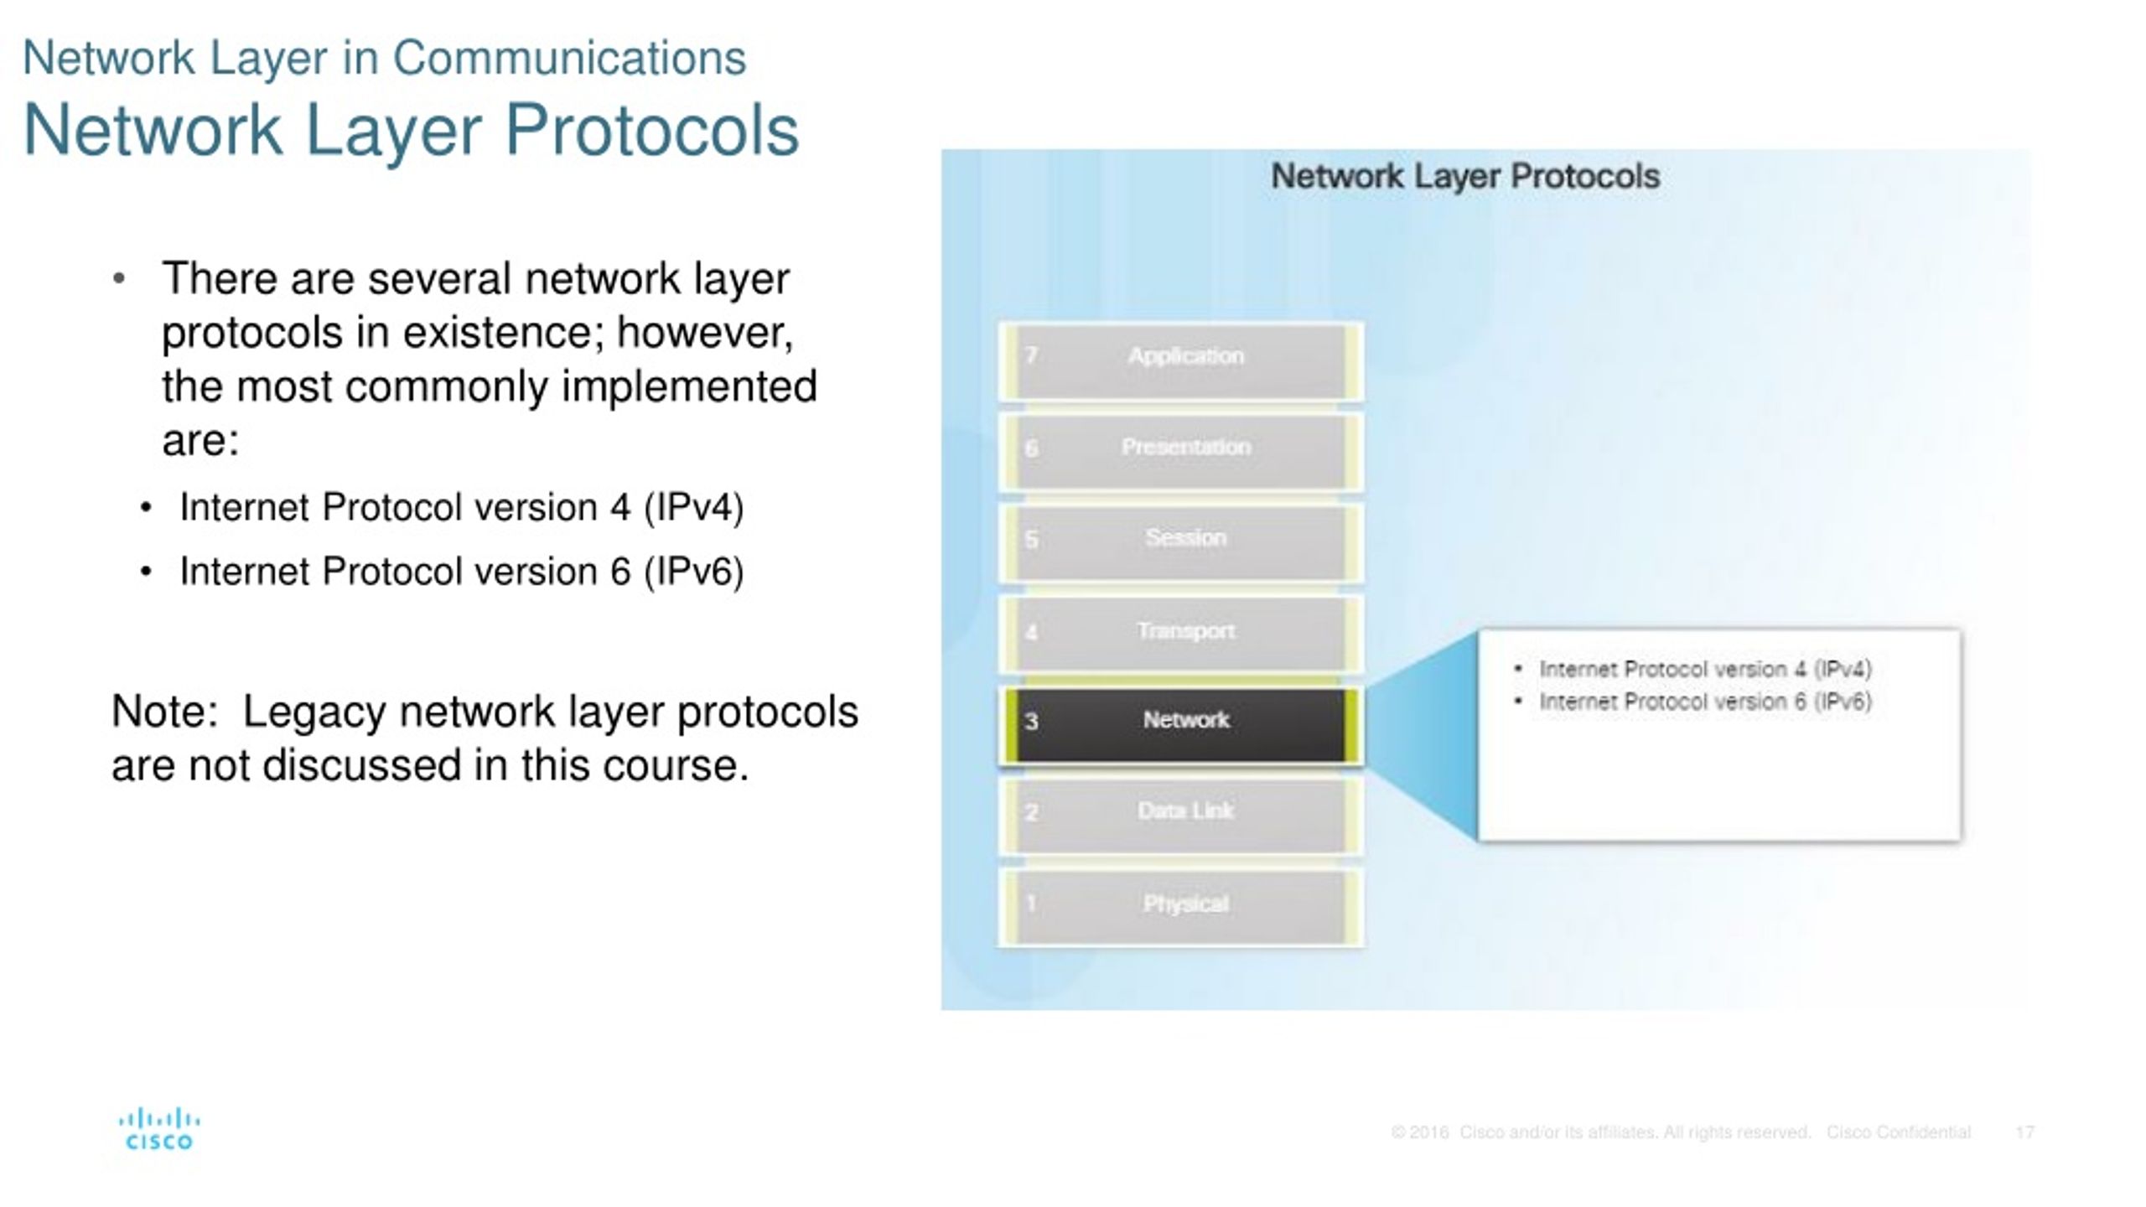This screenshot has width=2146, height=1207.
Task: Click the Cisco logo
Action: [x=158, y=1129]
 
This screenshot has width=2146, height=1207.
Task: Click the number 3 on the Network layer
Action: [x=1031, y=722]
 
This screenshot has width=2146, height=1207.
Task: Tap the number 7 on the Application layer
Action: [x=1031, y=355]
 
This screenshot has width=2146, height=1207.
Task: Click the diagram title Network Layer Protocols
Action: [x=1464, y=177]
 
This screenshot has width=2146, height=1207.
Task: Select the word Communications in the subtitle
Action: [x=569, y=58]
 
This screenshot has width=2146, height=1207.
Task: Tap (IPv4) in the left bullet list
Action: [x=693, y=507]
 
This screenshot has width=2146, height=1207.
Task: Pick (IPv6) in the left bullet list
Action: [x=693, y=572]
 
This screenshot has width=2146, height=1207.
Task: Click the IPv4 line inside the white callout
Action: [x=1704, y=669]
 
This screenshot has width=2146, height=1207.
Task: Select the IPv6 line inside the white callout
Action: [x=1704, y=702]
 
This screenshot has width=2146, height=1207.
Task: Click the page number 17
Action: [x=2024, y=1132]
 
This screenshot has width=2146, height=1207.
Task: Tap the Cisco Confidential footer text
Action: [x=1899, y=1132]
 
